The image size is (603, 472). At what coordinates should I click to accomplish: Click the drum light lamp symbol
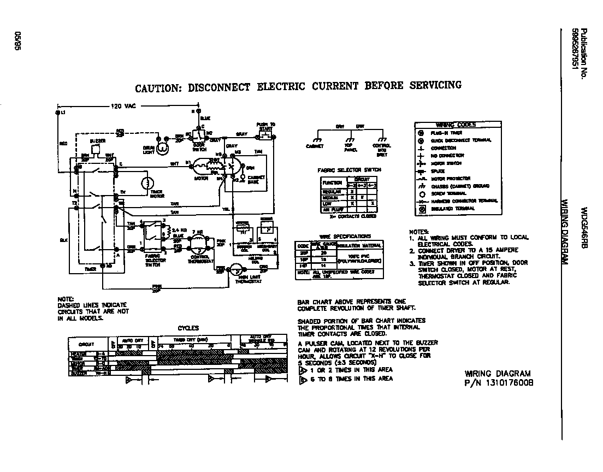(162, 146)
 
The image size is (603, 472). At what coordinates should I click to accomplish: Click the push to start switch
(265, 134)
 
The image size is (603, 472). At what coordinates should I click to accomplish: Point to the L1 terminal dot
(58, 112)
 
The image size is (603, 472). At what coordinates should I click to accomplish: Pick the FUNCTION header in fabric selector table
(332, 182)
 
